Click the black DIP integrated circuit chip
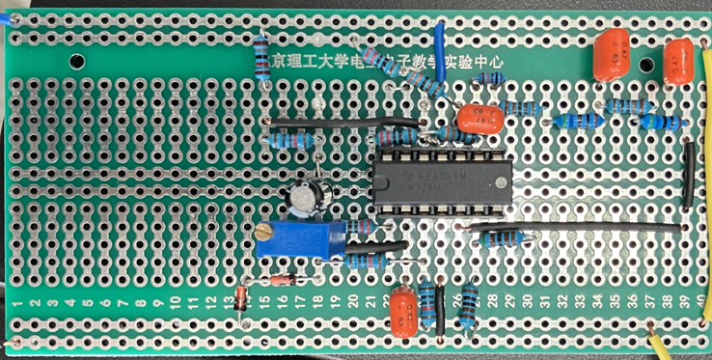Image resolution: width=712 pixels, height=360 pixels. pos(441,180)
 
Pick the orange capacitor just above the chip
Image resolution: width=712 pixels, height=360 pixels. pos(479,118)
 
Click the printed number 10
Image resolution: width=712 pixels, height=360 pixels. pos(176,304)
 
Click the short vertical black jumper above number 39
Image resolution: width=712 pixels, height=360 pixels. pos(688,174)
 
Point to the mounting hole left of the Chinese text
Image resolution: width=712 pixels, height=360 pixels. pos(73,60)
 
